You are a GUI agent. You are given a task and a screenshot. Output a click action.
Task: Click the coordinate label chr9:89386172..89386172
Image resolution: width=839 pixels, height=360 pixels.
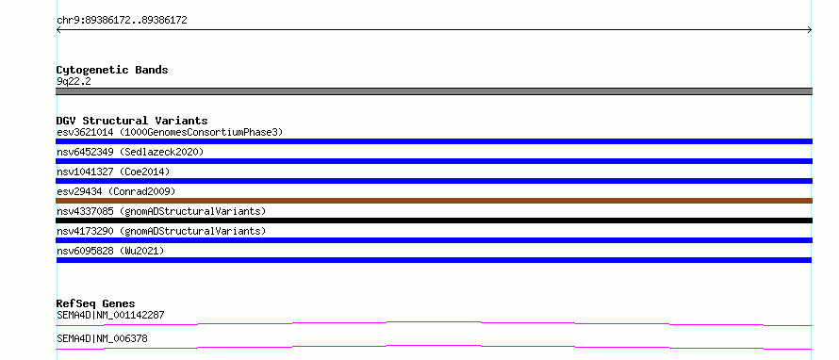point(122,21)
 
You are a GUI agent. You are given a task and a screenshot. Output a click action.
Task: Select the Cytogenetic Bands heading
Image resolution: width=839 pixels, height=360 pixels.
point(112,70)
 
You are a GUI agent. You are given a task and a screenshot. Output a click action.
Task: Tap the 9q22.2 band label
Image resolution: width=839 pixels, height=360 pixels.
point(74,81)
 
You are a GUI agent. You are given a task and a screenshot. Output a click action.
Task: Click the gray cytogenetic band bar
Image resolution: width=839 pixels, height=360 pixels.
point(434,91)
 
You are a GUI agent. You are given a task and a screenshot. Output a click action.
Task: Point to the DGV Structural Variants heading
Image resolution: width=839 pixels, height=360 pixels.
point(132,121)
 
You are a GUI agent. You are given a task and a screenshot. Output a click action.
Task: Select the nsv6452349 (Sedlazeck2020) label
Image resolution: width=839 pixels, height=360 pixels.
point(130,152)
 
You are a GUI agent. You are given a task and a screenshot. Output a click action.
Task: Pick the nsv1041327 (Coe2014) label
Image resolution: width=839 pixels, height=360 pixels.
point(113,172)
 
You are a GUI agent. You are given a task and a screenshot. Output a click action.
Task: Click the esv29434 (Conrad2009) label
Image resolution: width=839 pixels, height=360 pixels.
point(116,191)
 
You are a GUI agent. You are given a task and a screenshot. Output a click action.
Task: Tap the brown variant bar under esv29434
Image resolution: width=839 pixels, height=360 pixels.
point(434,201)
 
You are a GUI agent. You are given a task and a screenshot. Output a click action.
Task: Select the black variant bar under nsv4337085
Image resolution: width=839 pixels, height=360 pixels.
point(434,221)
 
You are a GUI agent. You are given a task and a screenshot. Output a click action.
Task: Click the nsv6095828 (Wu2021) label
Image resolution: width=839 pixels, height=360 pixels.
point(110,251)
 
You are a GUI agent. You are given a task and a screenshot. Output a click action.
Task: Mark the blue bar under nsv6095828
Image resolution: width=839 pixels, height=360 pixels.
point(434,260)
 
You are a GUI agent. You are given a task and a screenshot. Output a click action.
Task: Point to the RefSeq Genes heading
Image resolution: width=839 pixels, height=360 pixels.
point(96,303)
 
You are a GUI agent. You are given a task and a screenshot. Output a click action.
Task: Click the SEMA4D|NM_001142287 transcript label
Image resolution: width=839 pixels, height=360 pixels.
point(110,315)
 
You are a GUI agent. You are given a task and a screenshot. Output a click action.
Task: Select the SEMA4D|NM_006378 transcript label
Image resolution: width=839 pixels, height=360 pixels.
point(102,338)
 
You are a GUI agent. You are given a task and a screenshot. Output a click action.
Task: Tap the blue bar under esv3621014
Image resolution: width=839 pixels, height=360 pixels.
point(434,141)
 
